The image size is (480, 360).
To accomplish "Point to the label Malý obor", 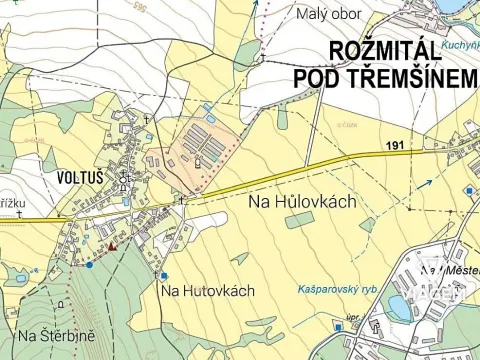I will coord(328,14).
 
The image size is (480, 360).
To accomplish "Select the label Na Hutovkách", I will coord(207,291).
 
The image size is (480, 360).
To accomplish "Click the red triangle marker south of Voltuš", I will coord(113,244).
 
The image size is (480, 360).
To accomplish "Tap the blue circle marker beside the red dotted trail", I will coord(90,264).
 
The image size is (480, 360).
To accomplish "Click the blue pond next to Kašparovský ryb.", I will coord(400,303).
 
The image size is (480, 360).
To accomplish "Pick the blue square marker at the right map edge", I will coord(468,190).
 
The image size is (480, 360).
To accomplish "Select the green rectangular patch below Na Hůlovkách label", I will coord(298,220).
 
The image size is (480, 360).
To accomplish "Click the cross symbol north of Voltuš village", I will coord(146,120).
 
